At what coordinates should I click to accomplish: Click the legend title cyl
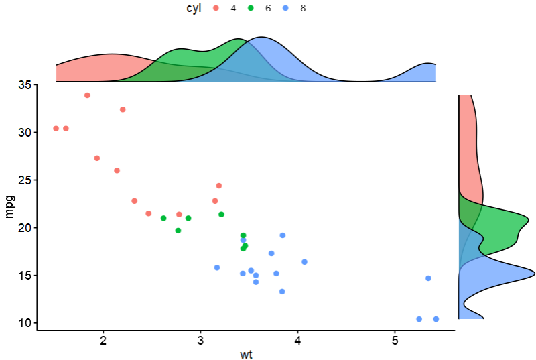(x=194, y=8)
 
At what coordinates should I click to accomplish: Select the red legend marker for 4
(x=216, y=8)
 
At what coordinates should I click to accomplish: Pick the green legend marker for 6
(x=251, y=8)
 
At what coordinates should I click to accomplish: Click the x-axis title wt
(x=246, y=354)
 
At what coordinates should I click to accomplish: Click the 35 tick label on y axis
(x=24, y=85)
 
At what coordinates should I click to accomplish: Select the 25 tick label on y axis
(x=24, y=180)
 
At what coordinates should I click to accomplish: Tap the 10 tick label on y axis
(x=24, y=323)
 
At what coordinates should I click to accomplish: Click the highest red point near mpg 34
(x=87, y=95)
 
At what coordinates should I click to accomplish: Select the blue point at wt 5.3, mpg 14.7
(x=428, y=278)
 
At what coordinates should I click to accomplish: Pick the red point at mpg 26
(x=117, y=170)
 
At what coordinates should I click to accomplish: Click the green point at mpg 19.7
(x=178, y=231)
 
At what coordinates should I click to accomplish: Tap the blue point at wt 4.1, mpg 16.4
(x=304, y=262)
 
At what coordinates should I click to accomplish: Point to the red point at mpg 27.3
(x=97, y=158)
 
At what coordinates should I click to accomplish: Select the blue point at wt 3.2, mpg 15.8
(x=217, y=267)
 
